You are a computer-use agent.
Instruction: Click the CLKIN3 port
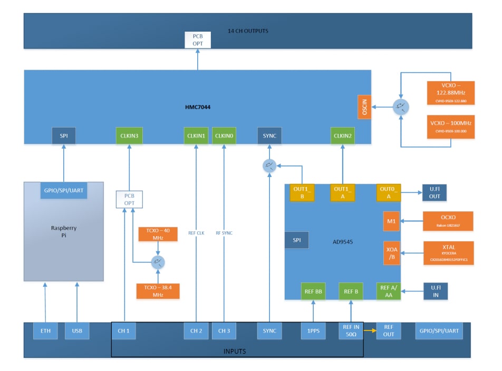[x=129, y=136]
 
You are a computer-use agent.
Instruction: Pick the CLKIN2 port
[x=343, y=136]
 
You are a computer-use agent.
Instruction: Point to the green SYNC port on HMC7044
[x=269, y=136]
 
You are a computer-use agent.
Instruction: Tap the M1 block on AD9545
[x=391, y=221]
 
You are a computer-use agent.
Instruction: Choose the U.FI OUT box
[x=435, y=193]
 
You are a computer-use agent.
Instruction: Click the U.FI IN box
[x=435, y=291]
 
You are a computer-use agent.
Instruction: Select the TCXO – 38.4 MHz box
[x=158, y=291]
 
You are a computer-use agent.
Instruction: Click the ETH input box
[x=45, y=330]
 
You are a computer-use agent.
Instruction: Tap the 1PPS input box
[x=314, y=330]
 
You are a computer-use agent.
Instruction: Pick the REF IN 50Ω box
[x=351, y=330]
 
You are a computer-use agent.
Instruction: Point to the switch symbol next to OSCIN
[x=401, y=107]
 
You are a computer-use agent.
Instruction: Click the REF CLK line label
[x=196, y=232]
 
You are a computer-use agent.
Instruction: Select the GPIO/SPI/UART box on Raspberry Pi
[x=64, y=191]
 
